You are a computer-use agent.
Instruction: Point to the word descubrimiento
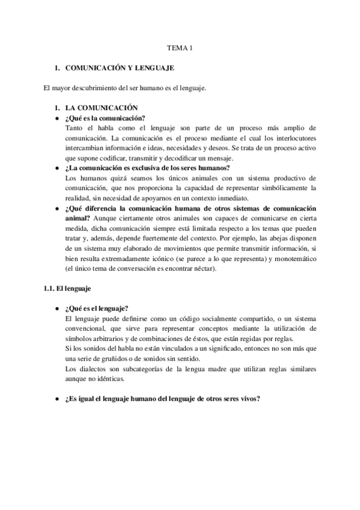click(97, 88)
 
